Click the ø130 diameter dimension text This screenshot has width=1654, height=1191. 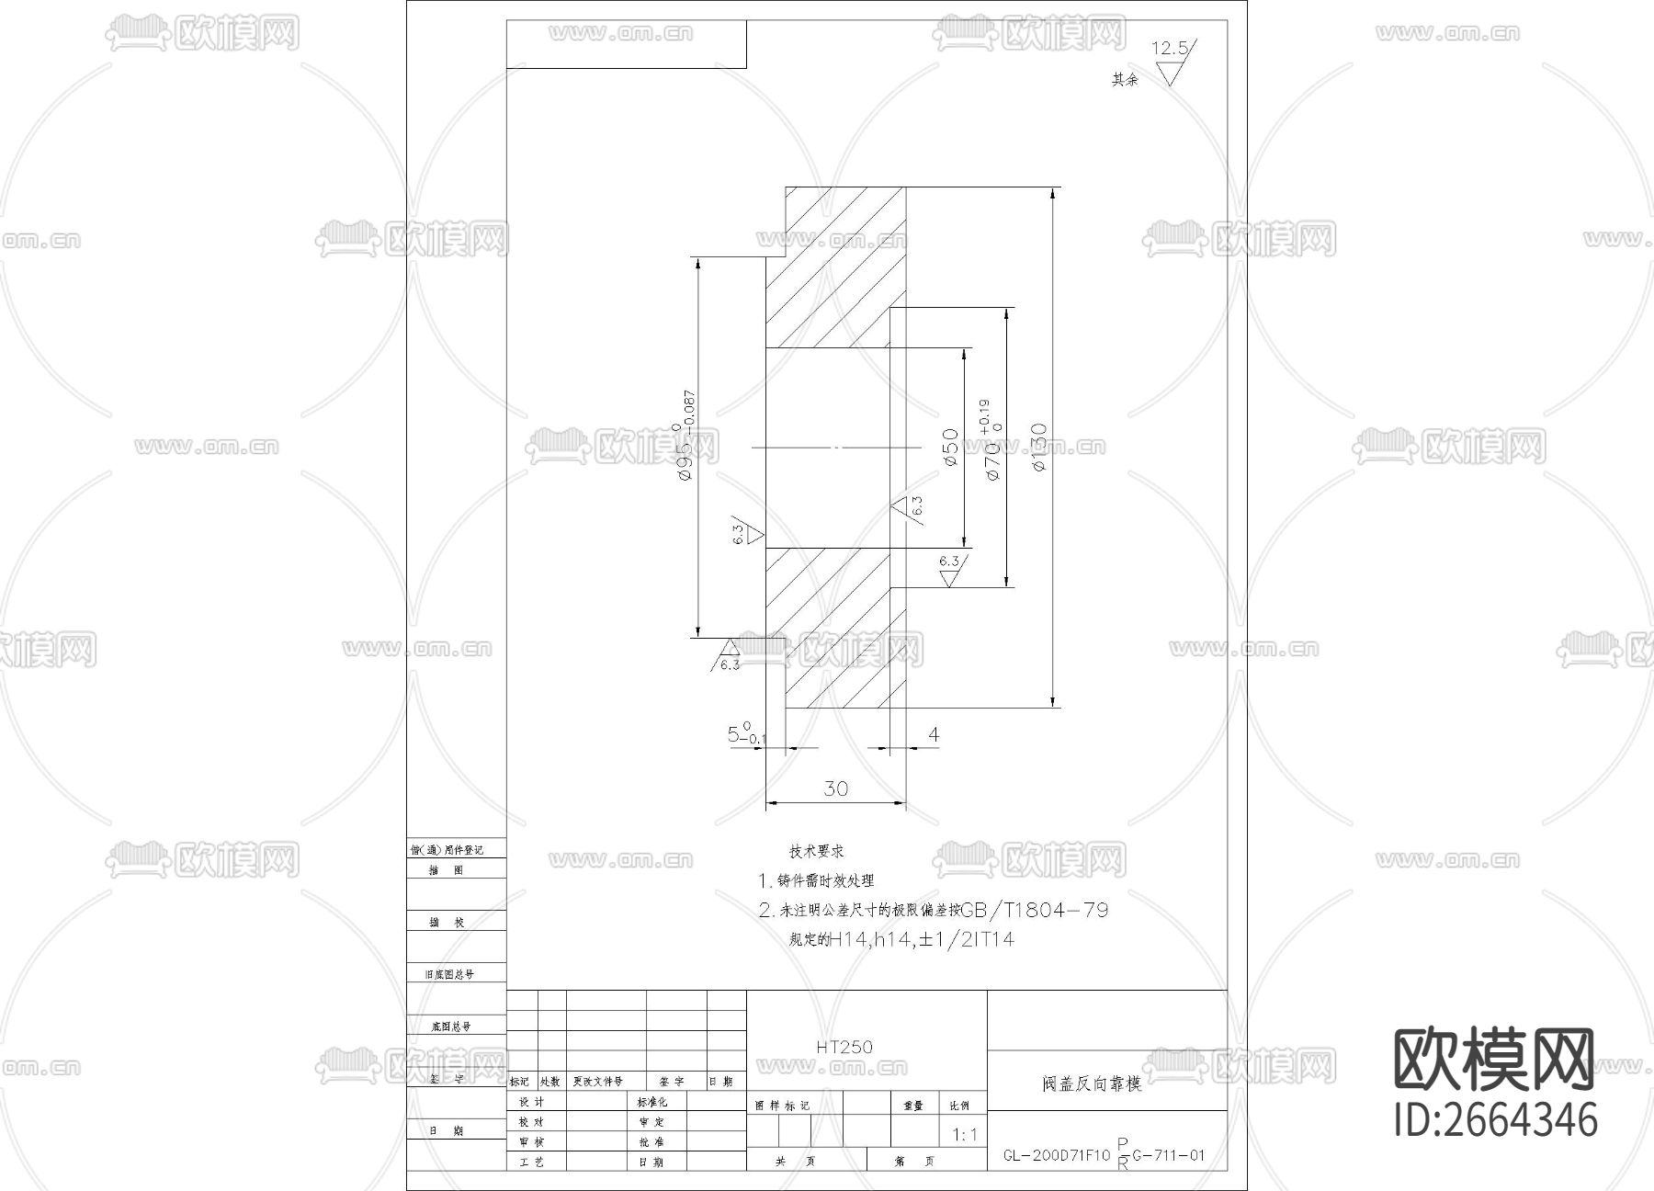pyautogui.click(x=1039, y=448)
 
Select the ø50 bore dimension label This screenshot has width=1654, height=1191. pyautogui.click(x=951, y=448)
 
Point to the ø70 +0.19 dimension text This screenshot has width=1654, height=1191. pyautogui.click(x=989, y=440)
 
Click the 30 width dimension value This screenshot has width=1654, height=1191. pyautogui.click(x=835, y=788)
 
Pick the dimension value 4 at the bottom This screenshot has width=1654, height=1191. pyautogui.click(x=934, y=734)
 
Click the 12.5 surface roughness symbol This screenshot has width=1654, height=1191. pyautogui.click(x=1172, y=60)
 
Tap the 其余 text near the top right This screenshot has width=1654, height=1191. pyautogui.click(x=1125, y=80)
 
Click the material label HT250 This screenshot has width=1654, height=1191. pyautogui.click(x=844, y=1047)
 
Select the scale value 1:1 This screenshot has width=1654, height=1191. pyautogui.click(x=965, y=1135)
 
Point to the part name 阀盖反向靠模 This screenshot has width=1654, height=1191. pyautogui.click(x=1093, y=1084)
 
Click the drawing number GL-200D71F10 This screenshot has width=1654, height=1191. pyautogui.click(x=1057, y=1156)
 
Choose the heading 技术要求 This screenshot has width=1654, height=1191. pyautogui.click(x=817, y=852)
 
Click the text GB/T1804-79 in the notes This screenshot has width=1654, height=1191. pyautogui.click(x=1034, y=911)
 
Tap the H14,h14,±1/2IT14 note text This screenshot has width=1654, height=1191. pyautogui.click(x=922, y=940)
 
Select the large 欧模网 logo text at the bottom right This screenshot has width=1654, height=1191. pyautogui.click(x=1494, y=1060)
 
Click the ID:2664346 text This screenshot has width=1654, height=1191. pyautogui.click(x=1496, y=1120)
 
